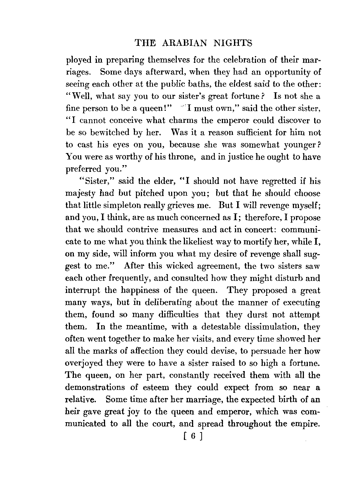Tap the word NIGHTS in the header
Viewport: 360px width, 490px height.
coord(233,43)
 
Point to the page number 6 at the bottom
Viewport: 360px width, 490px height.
coord(193,436)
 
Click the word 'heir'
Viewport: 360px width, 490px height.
coord(72,412)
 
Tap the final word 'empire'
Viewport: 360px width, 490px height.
coord(306,424)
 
